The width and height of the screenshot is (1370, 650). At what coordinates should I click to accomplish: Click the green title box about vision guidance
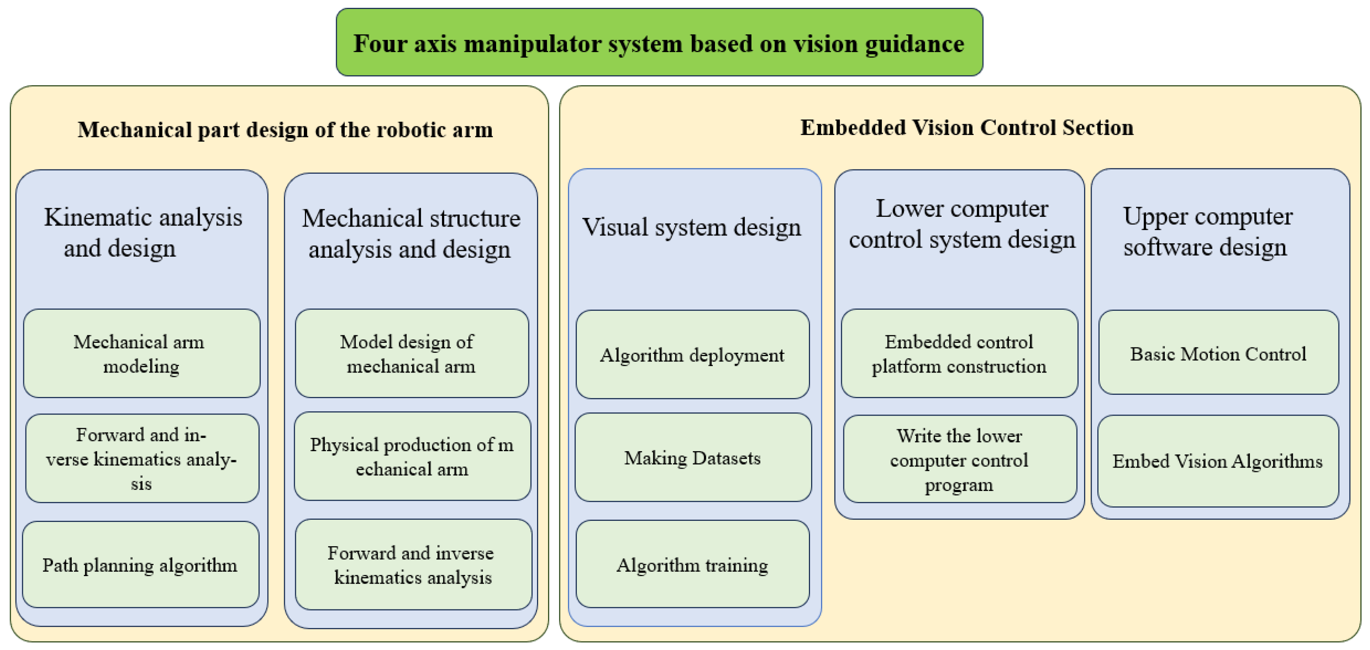[x=659, y=43]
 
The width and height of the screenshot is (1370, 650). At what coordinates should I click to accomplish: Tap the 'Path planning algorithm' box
[x=140, y=565]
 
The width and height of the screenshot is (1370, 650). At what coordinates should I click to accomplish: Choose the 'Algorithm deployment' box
[x=692, y=355]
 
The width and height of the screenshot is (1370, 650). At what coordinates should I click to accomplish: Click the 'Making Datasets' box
[x=692, y=458]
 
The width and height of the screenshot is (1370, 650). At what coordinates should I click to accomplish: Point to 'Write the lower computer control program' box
[x=959, y=459]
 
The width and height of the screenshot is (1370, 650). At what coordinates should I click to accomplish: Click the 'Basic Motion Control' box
[x=1218, y=353]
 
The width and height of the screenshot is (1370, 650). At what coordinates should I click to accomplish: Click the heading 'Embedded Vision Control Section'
[x=966, y=128]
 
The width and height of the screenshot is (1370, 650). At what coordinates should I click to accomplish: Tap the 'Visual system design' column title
[x=691, y=227]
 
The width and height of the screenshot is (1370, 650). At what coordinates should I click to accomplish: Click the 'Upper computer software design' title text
[x=1207, y=232]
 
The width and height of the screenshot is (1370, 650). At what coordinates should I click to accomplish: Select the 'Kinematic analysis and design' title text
[x=142, y=233]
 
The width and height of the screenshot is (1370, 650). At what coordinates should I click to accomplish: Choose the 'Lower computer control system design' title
[x=961, y=224]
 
